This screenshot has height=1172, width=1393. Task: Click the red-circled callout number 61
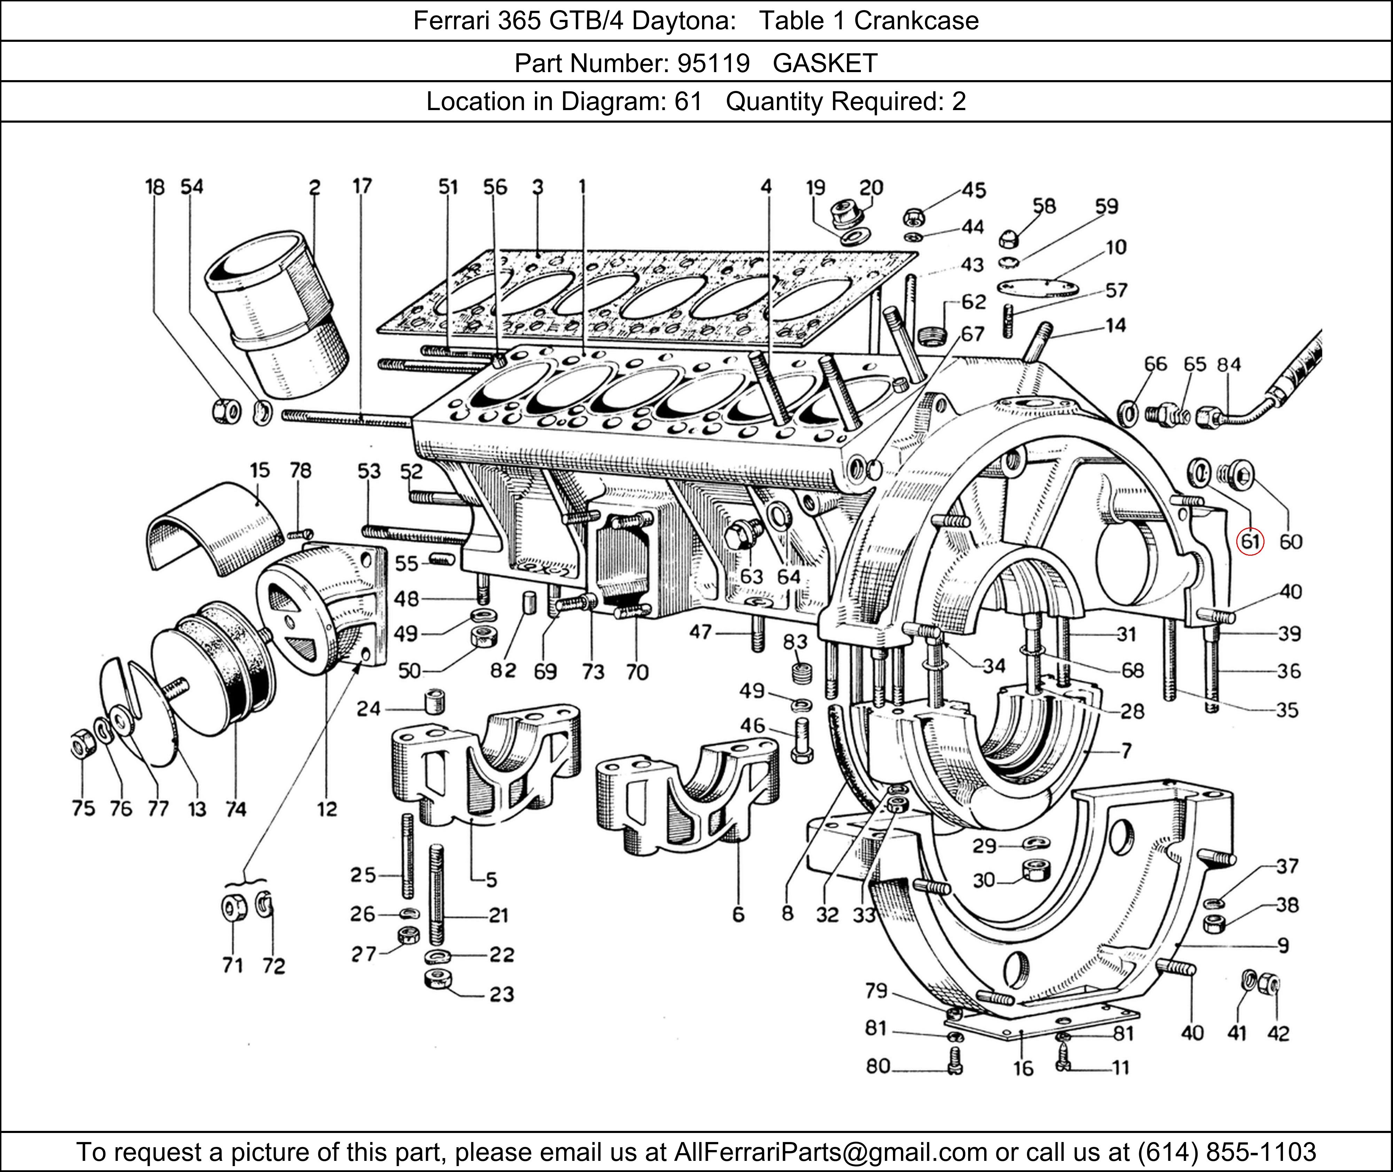point(1250,541)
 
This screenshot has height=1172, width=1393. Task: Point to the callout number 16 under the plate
point(1023,1069)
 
